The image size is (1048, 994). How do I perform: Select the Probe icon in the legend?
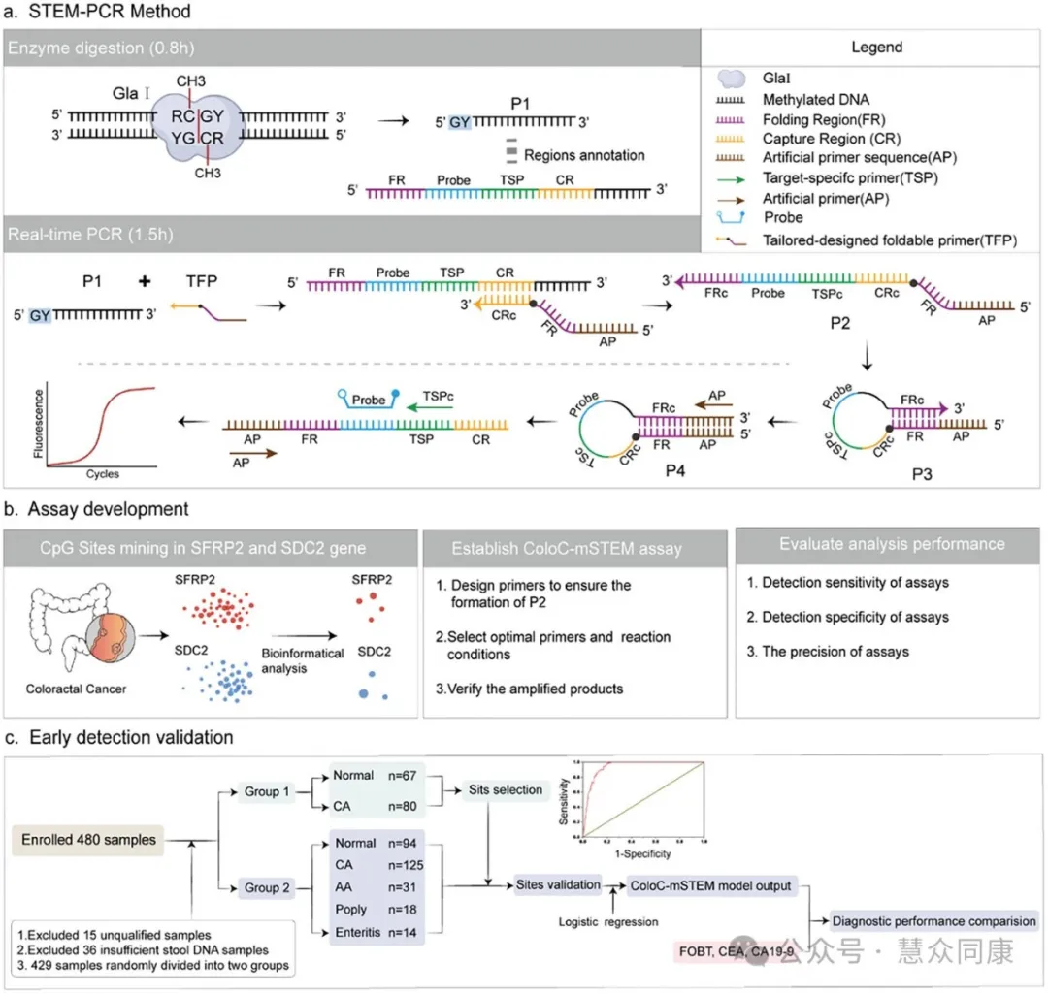[735, 218]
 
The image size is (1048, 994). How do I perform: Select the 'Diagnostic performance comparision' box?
[933, 920]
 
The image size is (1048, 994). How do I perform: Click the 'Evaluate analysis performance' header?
[891, 544]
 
